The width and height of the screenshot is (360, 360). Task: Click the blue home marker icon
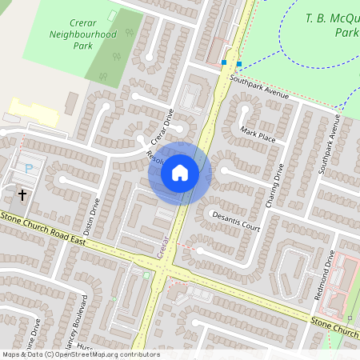(180, 172)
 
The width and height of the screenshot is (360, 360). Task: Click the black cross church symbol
(22, 194)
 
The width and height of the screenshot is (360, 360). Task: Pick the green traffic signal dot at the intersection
(146, 275)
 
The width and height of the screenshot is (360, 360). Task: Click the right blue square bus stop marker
(238, 63)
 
